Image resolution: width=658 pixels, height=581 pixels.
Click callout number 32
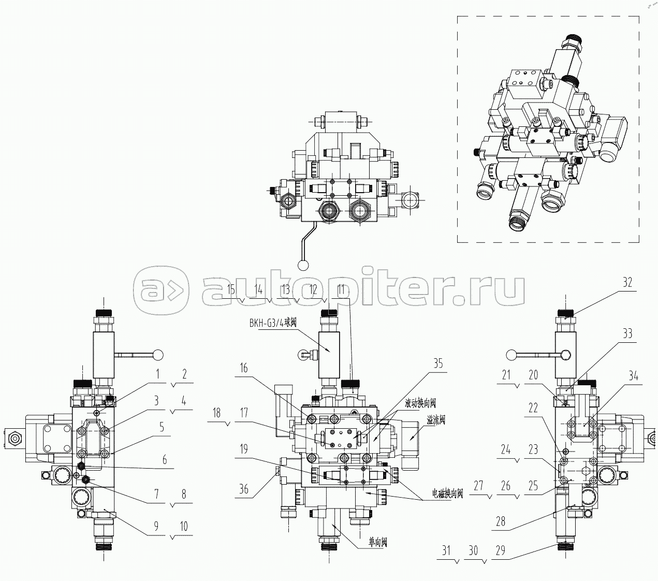[x=627, y=283]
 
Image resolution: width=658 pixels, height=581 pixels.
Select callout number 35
[x=438, y=364]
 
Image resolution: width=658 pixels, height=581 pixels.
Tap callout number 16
[x=243, y=368]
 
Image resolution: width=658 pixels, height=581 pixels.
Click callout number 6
[x=165, y=459]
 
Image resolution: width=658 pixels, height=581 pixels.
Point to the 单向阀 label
[x=377, y=543]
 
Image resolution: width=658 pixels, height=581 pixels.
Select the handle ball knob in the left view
[x=157, y=355]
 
